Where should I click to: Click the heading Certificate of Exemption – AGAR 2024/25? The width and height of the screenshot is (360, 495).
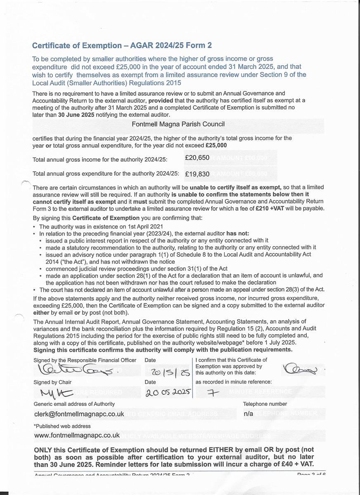tap(122, 45)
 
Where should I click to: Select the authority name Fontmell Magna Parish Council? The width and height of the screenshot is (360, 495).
tap(178, 124)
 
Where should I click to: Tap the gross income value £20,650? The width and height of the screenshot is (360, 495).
tap(197, 158)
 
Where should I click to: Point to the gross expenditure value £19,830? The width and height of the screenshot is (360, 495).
tap(197, 174)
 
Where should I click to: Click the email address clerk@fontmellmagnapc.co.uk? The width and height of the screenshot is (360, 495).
tap(79, 414)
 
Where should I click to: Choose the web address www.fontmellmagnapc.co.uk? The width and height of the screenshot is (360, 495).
tap(77, 435)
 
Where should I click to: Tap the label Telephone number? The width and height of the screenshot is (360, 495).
tap(265, 404)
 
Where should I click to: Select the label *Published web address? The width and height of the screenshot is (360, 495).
tap(62, 426)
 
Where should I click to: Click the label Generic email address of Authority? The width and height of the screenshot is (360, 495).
tap(74, 404)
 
